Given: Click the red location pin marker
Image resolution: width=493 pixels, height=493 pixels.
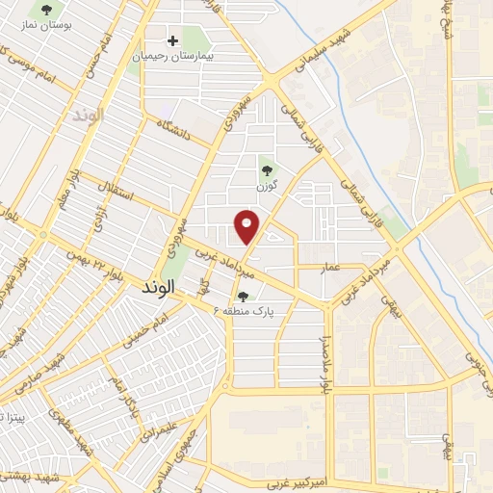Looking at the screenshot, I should click(x=247, y=225).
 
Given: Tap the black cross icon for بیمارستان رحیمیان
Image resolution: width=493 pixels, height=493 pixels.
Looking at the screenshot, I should click(x=173, y=40).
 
